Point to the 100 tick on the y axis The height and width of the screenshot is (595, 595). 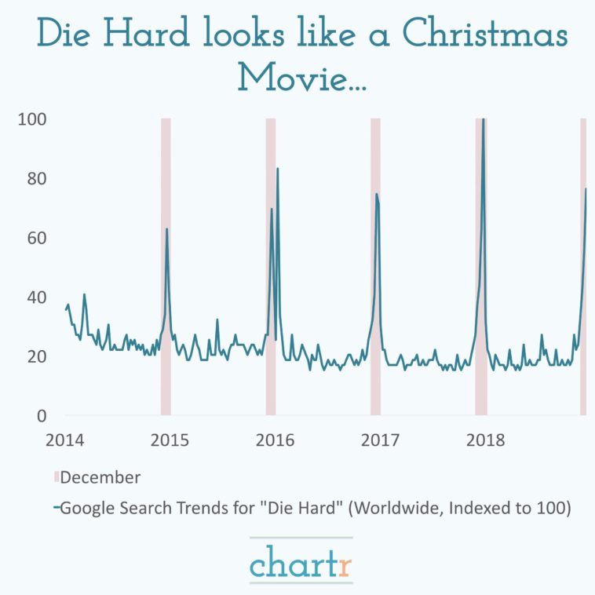32,119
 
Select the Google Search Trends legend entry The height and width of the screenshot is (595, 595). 314,508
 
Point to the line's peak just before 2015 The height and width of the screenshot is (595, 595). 166,229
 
